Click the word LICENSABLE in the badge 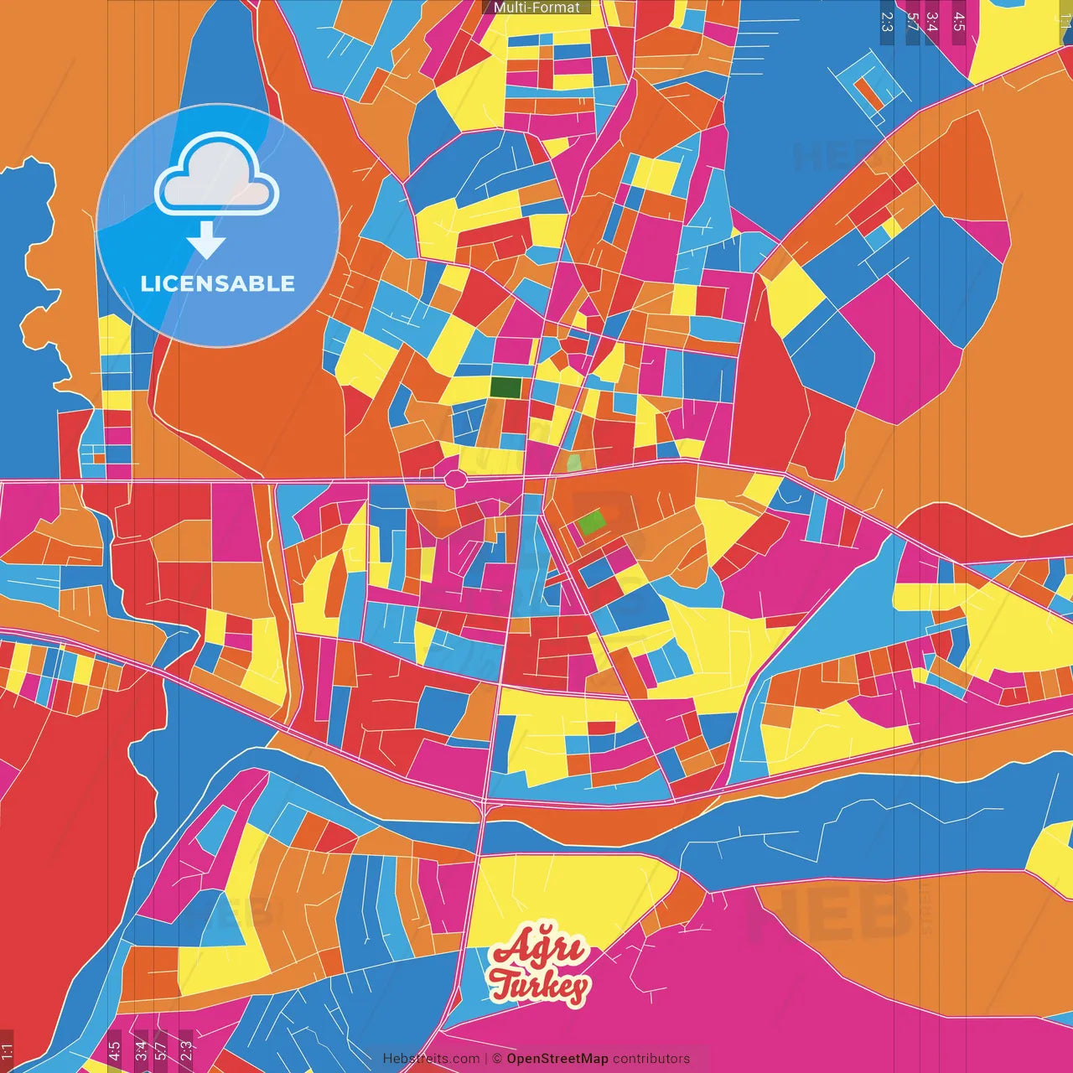[x=218, y=283]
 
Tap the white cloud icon [x=216, y=177]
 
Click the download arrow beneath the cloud [x=206, y=241]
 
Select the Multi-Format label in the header [x=536, y=8]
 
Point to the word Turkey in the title [x=540, y=986]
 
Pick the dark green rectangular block [x=505, y=387]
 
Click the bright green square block [x=592, y=522]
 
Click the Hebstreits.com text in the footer [x=431, y=1059]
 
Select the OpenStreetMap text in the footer [x=557, y=1059]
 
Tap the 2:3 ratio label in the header [x=887, y=22]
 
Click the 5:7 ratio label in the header [x=912, y=22]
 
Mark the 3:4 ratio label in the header [x=931, y=22]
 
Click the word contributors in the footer [x=651, y=1059]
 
